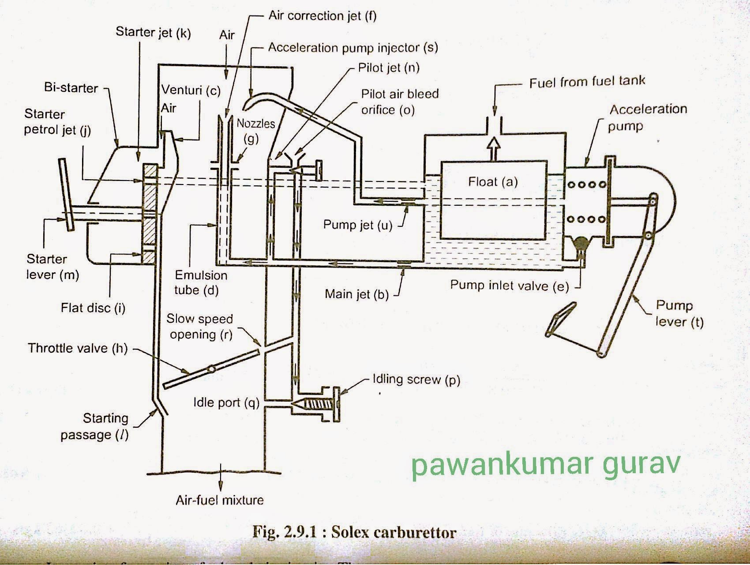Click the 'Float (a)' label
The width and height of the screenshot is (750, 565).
(x=493, y=181)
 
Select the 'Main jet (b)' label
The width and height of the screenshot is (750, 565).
(x=356, y=294)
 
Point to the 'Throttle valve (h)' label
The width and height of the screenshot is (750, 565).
(x=78, y=348)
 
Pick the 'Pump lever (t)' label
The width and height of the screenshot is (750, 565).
(x=679, y=313)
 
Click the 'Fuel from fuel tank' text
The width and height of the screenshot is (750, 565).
(x=587, y=82)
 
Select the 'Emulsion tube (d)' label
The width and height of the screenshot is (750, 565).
(x=201, y=282)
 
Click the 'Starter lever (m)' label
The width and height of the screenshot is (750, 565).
(x=52, y=267)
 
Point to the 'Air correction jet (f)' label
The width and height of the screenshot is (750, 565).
(x=322, y=16)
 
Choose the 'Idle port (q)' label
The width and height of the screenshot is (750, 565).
(x=226, y=402)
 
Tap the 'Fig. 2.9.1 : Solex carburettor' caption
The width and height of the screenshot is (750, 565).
(x=354, y=532)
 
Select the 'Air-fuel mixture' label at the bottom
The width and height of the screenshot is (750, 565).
(x=219, y=500)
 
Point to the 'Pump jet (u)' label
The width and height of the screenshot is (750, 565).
(x=358, y=225)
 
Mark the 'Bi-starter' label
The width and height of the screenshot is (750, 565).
(x=71, y=87)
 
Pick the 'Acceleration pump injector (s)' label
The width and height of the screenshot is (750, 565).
(x=353, y=48)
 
